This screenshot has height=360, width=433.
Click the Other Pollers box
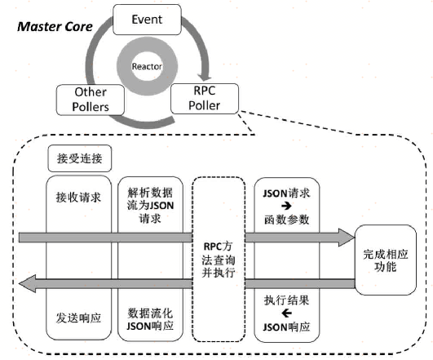click(x=91, y=100)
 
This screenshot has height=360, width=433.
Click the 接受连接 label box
click(x=79, y=156)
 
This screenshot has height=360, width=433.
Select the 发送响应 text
click(x=79, y=313)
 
